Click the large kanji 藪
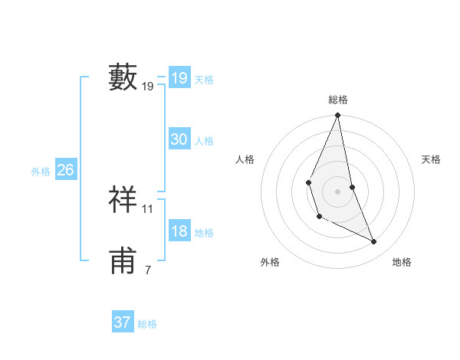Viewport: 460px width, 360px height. click(123, 77)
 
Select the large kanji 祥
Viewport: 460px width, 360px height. click(123, 199)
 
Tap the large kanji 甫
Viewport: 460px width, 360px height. click(123, 260)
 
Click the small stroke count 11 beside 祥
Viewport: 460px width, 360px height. click(148, 208)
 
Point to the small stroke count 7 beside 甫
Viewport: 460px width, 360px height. click(147, 270)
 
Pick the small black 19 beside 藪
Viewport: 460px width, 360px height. click(148, 87)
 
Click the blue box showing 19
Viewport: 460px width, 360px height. click(179, 78)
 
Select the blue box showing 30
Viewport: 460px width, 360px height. click(179, 139)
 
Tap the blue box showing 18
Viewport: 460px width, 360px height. click(179, 231)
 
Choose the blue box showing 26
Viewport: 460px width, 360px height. click(65, 170)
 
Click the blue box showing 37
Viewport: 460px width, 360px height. click(123, 322)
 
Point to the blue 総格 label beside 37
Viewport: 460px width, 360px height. click(147, 324)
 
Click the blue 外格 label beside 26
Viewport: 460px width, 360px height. click(41, 172)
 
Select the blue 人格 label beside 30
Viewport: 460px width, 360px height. click(204, 141)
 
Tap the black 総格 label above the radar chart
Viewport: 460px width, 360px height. click(337, 100)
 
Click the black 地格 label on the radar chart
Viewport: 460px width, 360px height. click(402, 262)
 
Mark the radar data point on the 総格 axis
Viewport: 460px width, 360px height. click(337, 116)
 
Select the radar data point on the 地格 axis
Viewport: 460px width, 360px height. click(374, 241)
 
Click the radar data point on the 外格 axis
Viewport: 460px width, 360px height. click(319, 217)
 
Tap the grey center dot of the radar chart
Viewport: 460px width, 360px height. click(337, 191)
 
